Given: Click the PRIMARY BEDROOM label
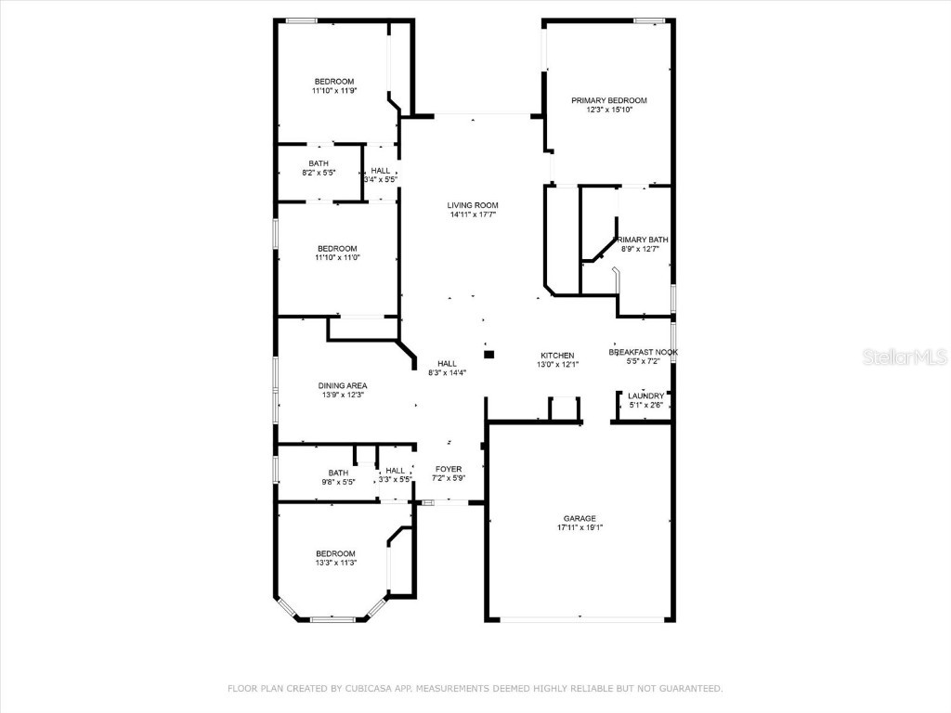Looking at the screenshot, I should [x=608, y=100].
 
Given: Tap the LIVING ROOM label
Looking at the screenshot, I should [x=473, y=205].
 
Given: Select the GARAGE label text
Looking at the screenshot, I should [x=580, y=518].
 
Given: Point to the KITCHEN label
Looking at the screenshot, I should [x=557, y=356].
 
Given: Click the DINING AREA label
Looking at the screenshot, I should [x=343, y=385].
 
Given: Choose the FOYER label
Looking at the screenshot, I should [x=449, y=469].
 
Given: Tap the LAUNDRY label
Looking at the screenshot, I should [x=646, y=395].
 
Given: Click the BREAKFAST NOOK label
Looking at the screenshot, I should [x=643, y=352].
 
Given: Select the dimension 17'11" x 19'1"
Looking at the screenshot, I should [x=580, y=527].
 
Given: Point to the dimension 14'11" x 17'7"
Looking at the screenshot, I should [x=473, y=214].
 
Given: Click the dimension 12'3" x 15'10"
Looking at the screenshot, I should [x=608, y=110].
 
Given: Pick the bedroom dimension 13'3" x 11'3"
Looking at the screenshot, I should [x=334, y=563].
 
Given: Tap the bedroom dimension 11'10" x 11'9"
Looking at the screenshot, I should [x=333, y=91].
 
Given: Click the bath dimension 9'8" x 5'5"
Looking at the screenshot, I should [x=337, y=482].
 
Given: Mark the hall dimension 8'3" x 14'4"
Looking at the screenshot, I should [x=447, y=372].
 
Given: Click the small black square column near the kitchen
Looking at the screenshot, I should [x=489, y=354].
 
